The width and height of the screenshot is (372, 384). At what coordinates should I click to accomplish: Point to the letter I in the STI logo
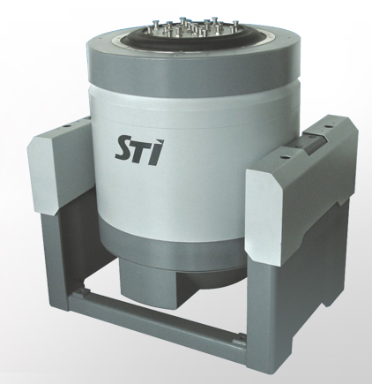tap(156, 152)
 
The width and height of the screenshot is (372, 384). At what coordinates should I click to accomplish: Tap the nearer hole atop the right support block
tap(284, 158)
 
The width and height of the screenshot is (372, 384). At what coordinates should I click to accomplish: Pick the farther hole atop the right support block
tap(325, 126)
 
